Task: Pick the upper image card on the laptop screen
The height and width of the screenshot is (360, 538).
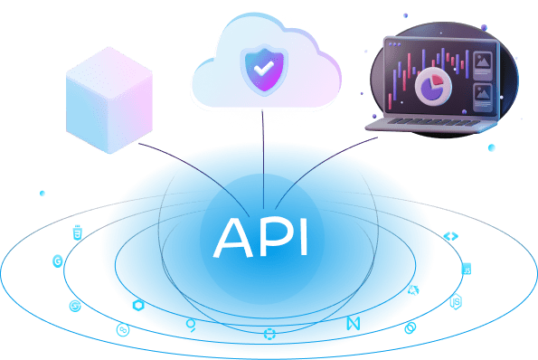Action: tap(483, 65)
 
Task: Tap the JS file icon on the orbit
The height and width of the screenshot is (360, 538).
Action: tap(467, 269)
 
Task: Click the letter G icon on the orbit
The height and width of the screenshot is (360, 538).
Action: tap(58, 261)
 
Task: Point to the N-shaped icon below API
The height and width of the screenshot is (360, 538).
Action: tap(353, 323)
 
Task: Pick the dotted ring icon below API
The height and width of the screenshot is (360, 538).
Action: tap(269, 336)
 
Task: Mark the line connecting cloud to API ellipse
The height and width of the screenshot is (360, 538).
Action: tap(262, 154)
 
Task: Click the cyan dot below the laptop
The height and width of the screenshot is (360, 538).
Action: tap(492, 147)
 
